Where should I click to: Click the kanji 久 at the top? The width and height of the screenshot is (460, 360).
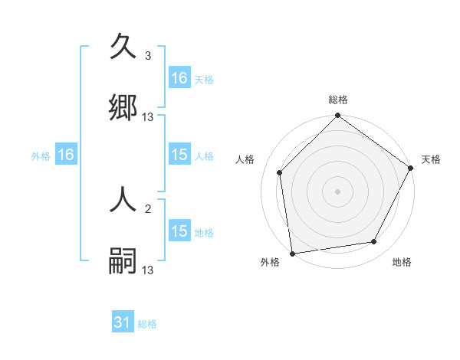[123, 47]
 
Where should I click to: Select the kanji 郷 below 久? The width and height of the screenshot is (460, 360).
[123, 108]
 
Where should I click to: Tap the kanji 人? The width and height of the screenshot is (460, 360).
[123, 201]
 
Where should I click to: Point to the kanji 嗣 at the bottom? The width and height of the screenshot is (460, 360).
[123, 261]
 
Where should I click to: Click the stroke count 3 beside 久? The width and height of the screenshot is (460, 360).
[148, 56]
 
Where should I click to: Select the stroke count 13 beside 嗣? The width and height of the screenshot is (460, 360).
[148, 270]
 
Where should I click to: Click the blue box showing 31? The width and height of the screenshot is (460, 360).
[123, 323]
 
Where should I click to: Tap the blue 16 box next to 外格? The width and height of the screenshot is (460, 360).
[66, 155]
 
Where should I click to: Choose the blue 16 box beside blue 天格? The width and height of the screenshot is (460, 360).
[179, 78]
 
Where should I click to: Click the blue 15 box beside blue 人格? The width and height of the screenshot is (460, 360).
[179, 155]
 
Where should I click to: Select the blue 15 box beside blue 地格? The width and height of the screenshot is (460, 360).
[179, 231]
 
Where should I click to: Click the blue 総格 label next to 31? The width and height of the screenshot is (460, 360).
[147, 324]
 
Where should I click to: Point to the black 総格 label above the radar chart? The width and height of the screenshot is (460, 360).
[338, 100]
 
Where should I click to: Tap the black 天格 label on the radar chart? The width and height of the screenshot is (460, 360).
[431, 159]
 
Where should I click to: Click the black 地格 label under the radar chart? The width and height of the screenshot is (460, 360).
[402, 263]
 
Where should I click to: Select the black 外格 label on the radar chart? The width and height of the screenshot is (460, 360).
[270, 263]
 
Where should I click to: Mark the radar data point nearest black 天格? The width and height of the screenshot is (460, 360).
[411, 169]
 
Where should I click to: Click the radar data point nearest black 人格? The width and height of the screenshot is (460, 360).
[280, 172]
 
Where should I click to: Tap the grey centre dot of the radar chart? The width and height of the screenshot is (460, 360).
[338, 191]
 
